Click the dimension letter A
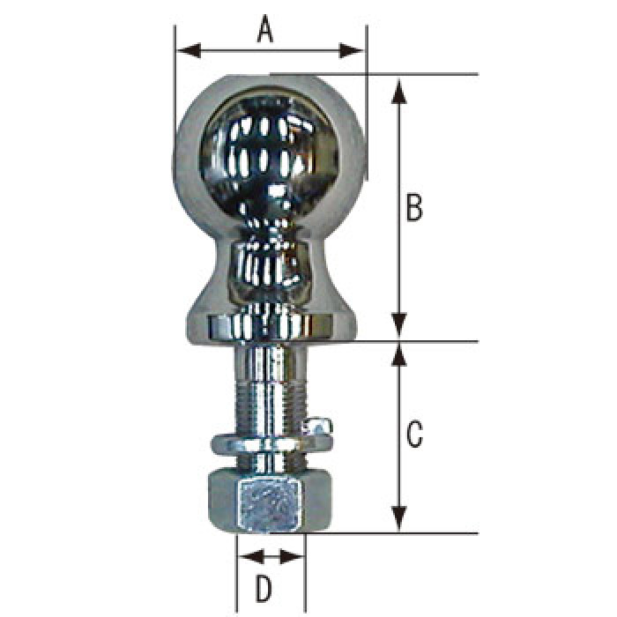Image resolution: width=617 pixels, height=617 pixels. point(265,28)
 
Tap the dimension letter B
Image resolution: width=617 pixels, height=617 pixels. point(414,207)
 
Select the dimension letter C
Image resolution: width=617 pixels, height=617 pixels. point(414,434)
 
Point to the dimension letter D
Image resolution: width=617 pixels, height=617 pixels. point(264,589)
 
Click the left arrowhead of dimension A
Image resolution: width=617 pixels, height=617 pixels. point(189,51)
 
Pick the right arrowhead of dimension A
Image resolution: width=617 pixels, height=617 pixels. point(352,51)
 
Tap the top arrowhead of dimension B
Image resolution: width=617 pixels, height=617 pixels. point(399,91)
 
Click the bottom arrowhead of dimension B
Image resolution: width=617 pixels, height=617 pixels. point(399,325)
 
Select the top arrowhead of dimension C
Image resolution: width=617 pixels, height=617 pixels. point(399,356)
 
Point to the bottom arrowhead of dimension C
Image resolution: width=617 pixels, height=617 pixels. point(399,519)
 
